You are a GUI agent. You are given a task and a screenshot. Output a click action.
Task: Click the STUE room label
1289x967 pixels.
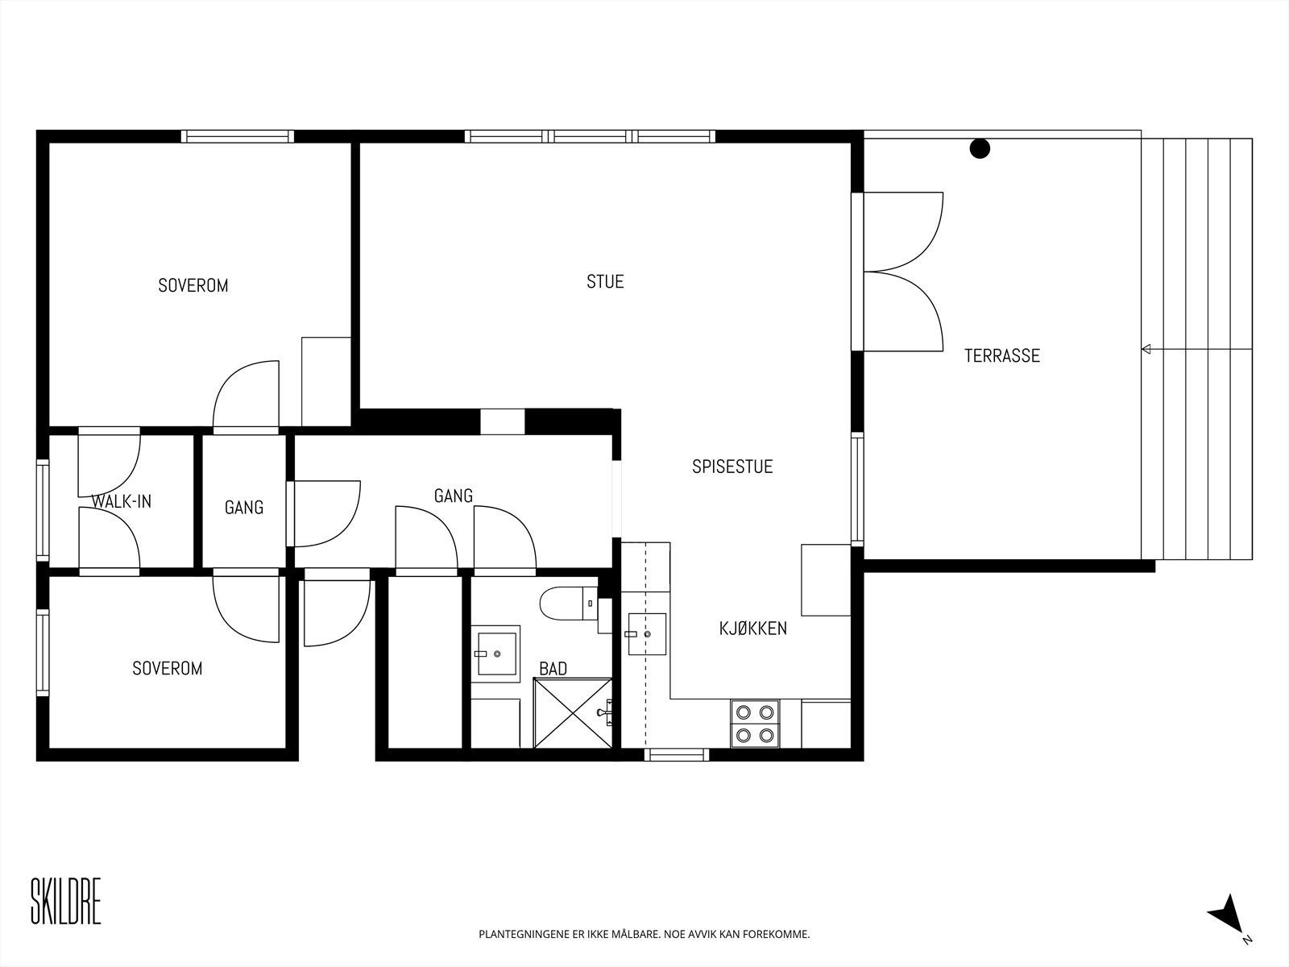point(605,282)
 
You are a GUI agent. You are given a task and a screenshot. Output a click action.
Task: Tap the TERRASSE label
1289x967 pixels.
point(1002,356)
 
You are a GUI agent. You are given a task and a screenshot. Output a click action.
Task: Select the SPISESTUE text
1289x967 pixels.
point(732,467)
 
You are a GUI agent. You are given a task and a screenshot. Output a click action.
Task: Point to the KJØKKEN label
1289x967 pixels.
point(752,629)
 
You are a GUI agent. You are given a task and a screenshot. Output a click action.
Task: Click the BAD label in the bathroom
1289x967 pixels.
point(553,669)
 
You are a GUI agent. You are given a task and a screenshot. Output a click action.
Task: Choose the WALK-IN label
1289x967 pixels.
point(122,501)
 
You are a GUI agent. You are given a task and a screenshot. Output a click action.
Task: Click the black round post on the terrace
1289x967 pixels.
point(980,148)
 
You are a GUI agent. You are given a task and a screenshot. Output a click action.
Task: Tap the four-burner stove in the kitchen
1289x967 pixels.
point(755,724)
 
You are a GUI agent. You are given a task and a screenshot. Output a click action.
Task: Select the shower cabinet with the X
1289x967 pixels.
point(573,713)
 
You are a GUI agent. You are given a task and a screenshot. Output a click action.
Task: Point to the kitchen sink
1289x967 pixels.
point(647,634)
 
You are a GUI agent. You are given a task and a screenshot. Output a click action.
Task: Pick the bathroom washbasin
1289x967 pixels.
point(496,654)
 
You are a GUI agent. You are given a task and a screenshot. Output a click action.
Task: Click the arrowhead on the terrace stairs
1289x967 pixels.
point(1146,350)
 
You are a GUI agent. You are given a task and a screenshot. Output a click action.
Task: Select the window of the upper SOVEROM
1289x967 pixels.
point(237,136)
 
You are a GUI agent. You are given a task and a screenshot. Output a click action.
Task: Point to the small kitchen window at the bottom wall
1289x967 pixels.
point(677,754)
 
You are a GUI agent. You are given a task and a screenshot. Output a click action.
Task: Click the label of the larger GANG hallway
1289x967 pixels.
point(454,496)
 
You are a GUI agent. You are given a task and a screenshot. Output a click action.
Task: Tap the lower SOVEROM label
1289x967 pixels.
point(168,669)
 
